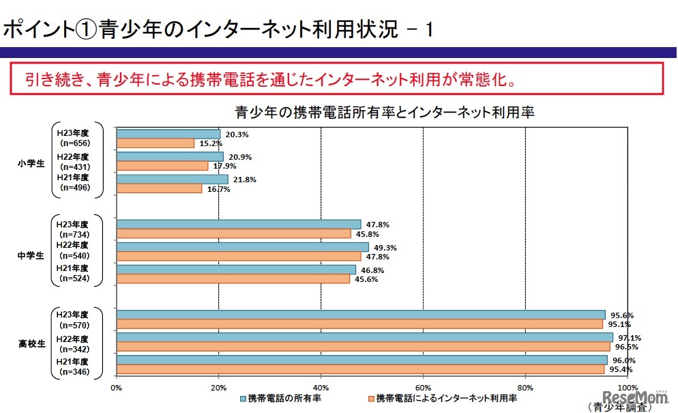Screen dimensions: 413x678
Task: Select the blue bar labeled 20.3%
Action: point(168,134)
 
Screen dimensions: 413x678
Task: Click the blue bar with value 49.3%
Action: point(243,247)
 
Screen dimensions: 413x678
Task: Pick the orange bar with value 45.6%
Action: point(233,279)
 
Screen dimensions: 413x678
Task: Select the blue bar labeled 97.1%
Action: point(365,337)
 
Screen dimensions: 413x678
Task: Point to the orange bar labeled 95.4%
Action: point(360,369)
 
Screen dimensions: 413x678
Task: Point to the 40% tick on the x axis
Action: point(321,386)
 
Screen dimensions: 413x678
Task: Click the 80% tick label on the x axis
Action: point(525,386)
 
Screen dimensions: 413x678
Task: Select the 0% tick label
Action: point(116,386)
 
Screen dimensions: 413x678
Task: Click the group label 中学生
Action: point(31,255)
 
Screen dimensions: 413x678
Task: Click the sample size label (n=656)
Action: point(75,143)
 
